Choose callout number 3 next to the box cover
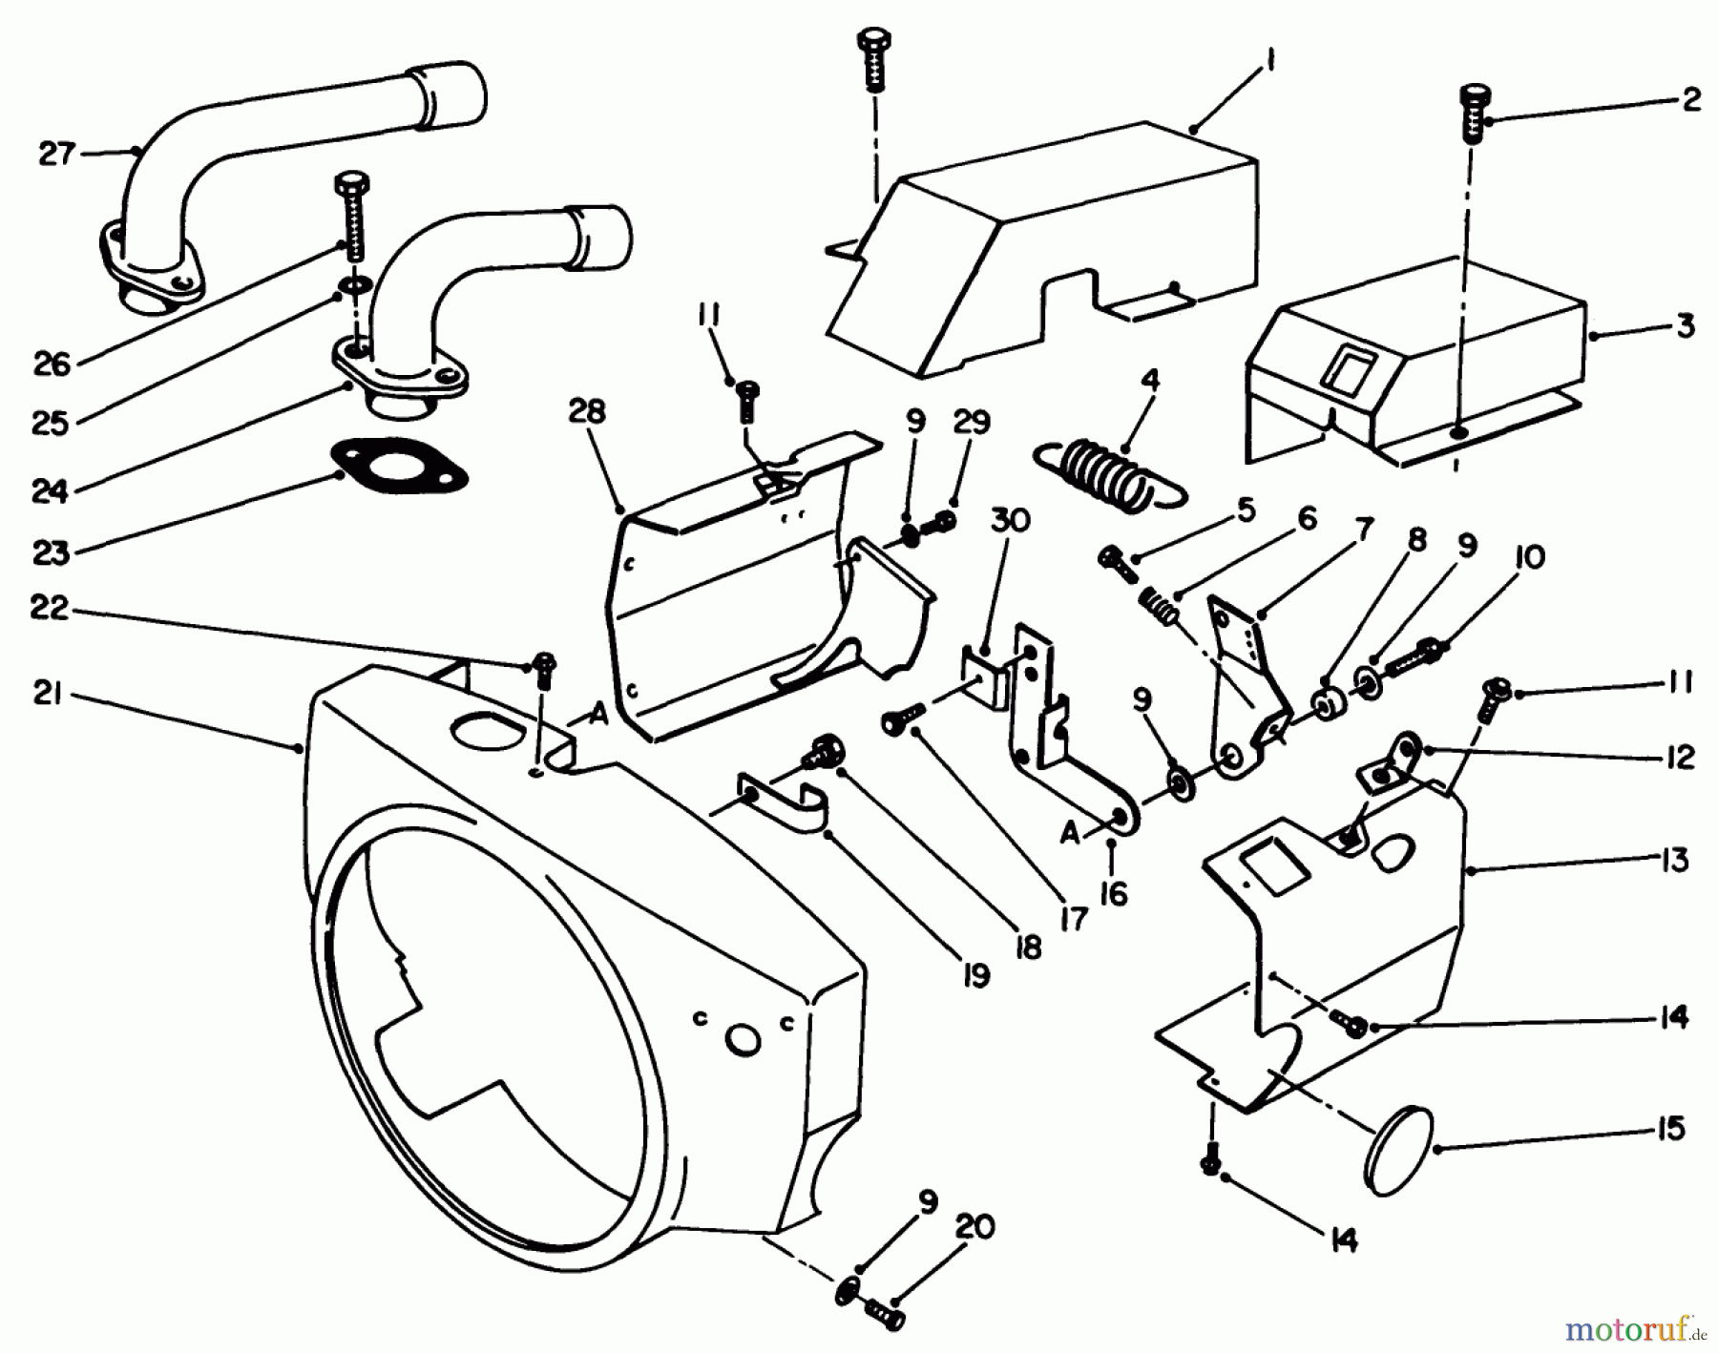[x=1685, y=326]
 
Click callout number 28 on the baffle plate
[x=587, y=412]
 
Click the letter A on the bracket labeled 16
[x=1070, y=833]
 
